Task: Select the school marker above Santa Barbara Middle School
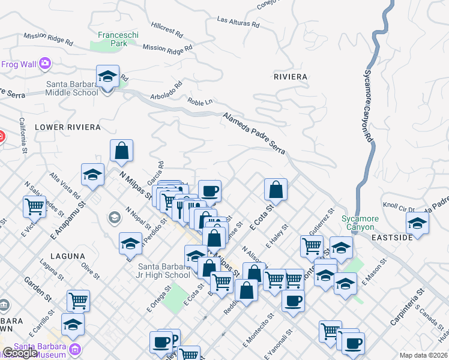click(107, 77)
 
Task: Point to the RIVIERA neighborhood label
click(290, 77)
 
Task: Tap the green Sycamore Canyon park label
click(358, 223)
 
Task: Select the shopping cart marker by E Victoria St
click(34, 206)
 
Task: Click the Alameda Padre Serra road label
click(254, 134)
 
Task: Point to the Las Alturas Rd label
click(238, 22)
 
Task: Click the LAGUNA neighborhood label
click(67, 256)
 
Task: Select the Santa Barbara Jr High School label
click(163, 271)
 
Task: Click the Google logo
click(19, 353)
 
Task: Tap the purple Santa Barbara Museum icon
click(76, 349)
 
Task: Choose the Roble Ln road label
click(200, 102)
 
